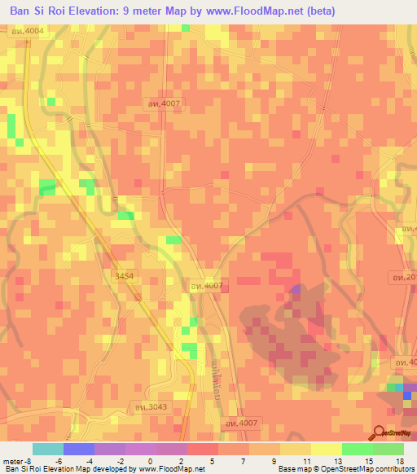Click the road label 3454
pyautogui.click(x=125, y=278)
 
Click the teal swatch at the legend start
pyautogui.click(x=48, y=449)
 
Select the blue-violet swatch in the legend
pyautogui.click(x=79, y=449)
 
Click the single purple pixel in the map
pyautogui.click(x=296, y=288)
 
